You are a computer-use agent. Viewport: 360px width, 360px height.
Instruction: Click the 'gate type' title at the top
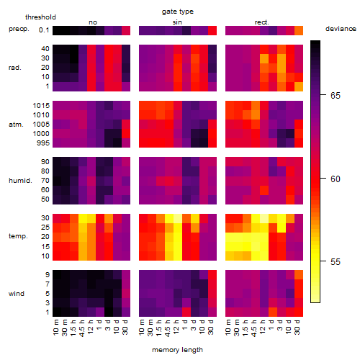(x=178, y=12)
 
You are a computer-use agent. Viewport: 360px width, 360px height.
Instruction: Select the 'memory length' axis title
(x=177, y=350)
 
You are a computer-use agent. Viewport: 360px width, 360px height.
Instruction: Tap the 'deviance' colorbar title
(x=341, y=29)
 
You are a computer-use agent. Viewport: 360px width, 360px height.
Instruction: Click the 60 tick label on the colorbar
(x=336, y=179)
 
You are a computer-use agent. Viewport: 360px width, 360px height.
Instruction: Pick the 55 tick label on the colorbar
(x=336, y=261)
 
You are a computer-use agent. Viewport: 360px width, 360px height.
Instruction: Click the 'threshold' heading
(x=40, y=17)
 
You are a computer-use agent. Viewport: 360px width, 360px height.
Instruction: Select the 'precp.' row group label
(x=19, y=29)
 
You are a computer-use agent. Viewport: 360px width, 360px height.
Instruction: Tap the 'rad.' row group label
(x=15, y=68)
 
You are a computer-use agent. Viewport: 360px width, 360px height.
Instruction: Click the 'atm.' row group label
(x=16, y=125)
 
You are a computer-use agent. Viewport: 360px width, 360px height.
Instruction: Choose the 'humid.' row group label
(x=20, y=181)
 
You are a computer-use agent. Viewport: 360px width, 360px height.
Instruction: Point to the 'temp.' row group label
(x=18, y=236)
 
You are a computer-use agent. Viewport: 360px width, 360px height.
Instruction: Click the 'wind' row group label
(x=17, y=294)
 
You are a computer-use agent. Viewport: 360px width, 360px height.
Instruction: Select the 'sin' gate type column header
(x=177, y=22)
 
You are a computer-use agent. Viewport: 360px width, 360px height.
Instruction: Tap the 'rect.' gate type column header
(x=261, y=22)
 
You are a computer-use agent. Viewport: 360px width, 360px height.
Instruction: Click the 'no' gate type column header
(x=93, y=22)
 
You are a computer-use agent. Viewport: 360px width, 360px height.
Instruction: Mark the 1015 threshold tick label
(x=41, y=106)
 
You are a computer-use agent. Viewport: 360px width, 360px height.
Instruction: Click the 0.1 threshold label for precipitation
(x=44, y=30)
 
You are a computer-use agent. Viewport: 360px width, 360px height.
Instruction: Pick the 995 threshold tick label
(x=43, y=143)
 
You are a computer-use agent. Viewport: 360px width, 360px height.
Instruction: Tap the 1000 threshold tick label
(x=41, y=134)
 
